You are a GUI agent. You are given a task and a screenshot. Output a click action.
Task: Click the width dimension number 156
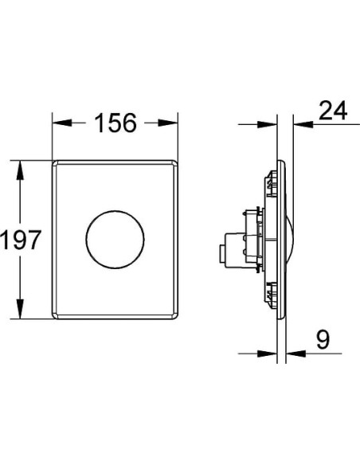coord(117,123)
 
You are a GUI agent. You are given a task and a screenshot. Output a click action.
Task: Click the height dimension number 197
coord(20,239)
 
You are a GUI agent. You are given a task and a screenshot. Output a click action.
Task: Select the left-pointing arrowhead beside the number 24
coord(299,124)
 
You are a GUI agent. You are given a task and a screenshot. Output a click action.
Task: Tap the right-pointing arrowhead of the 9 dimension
coord(271,354)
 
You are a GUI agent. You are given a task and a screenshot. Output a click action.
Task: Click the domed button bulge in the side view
coord(289,240)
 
